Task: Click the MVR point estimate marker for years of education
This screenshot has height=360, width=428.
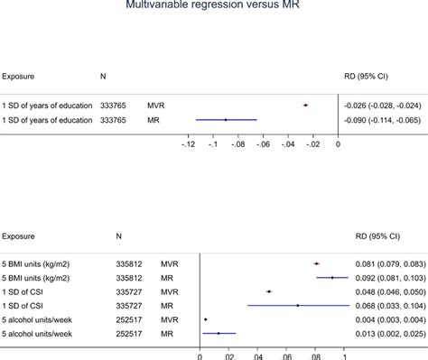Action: [x=305, y=106]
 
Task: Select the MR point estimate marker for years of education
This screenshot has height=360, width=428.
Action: [x=226, y=119]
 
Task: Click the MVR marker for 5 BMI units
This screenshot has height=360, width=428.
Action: [x=316, y=263]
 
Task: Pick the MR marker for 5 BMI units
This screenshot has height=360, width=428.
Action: [x=332, y=278]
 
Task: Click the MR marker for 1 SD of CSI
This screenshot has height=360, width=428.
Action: [x=298, y=306]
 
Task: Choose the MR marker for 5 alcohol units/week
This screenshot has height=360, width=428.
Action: [x=219, y=334]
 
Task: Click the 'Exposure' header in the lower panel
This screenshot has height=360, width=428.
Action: [x=19, y=236]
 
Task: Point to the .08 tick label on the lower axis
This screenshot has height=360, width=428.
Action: [x=315, y=355]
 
